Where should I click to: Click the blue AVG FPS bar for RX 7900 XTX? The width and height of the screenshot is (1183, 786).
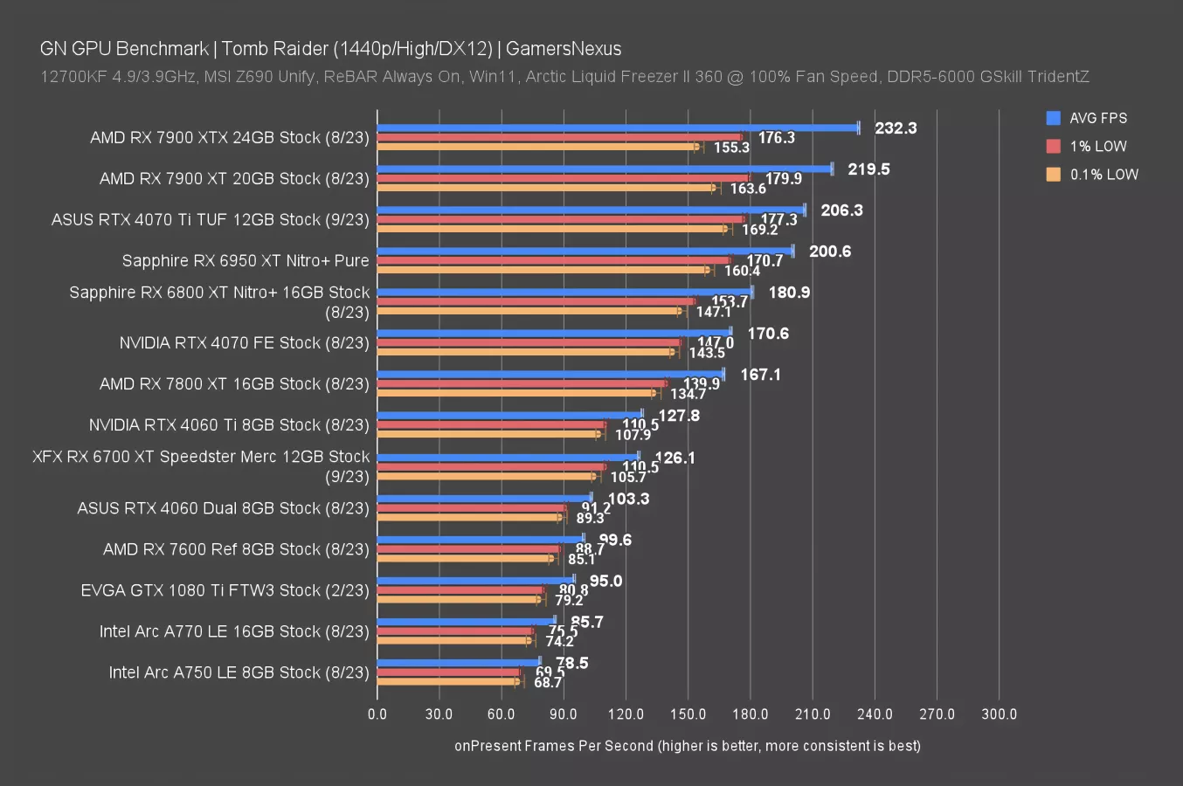click(x=618, y=128)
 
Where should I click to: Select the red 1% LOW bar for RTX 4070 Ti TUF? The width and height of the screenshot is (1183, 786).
click(x=560, y=219)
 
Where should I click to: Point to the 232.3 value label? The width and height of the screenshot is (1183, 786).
click(x=896, y=128)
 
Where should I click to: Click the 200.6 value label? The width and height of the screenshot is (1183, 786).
click(x=830, y=252)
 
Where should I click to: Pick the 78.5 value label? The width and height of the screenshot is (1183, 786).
click(x=572, y=663)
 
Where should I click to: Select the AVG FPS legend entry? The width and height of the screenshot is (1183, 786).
click(x=1097, y=118)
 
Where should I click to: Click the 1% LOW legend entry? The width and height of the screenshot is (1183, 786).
click(x=1097, y=146)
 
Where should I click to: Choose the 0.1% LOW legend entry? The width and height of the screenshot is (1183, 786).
click(x=1103, y=174)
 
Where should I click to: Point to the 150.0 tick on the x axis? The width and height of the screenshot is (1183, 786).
click(x=688, y=714)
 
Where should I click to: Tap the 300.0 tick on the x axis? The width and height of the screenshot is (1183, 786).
click(x=999, y=714)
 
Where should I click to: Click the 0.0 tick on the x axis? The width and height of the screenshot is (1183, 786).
click(x=377, y=714)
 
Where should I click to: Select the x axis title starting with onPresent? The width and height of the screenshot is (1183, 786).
click(x=687, y=746)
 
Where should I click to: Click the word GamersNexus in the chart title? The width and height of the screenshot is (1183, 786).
click(x=564, y=49)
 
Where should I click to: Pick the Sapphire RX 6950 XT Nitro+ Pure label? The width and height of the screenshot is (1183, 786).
click(x=246, y=260)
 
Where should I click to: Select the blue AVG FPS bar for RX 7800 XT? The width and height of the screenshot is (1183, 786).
click(x=550, y=374)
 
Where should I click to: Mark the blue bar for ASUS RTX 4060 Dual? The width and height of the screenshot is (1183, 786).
click(x=484, y=498)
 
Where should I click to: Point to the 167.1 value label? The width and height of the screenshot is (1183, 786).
click(x=760, y=375)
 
